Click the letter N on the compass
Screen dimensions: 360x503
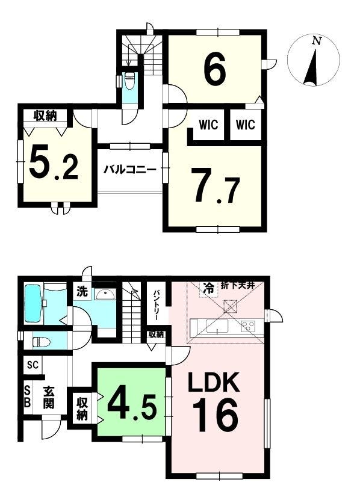(317, 41)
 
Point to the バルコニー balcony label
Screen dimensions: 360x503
(130, 170)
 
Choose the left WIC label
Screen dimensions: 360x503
(208, 125)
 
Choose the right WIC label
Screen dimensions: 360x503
(246, 125)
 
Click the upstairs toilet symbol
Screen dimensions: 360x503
(130, 81)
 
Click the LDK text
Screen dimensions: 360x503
(214, 383)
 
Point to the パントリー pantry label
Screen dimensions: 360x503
(157, 305)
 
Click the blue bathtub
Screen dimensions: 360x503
(34, 303)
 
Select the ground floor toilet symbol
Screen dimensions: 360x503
(42, 342)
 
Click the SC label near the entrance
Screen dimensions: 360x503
(33, 365)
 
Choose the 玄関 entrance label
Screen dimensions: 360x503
(49, 398)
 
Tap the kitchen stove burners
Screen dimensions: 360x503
(249, 326)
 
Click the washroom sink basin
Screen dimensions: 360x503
(106, 294)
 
